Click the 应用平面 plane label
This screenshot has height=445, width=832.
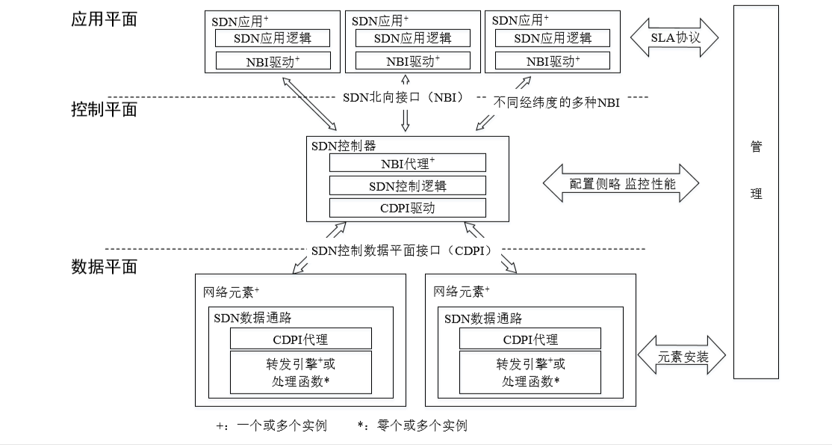(104, 19)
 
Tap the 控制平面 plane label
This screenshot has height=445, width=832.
(104, 111)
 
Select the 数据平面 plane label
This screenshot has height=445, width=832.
(104, 266)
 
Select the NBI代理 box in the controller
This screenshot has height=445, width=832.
(407, 162)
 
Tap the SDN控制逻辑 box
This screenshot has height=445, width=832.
(407, 185)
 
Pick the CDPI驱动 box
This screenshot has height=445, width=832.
(407, 207)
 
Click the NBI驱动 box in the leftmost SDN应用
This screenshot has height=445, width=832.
(272, 60)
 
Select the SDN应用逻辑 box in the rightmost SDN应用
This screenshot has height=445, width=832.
(553, 37)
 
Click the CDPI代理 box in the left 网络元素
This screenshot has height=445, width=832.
(300, 339)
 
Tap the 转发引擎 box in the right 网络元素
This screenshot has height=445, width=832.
(530, 372)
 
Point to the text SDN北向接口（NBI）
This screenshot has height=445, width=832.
(404, 97)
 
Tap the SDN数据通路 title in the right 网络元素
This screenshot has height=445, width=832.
(482, 318)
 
